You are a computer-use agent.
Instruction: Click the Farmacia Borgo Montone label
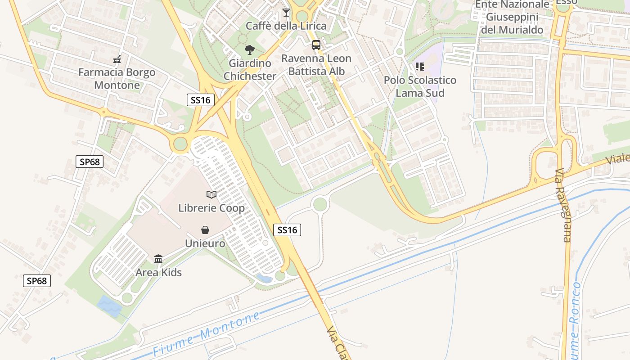click(x=117, y=79)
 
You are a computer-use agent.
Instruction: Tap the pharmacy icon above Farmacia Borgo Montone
click(x=117, y=59)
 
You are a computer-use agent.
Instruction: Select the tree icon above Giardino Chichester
click(x=249, y=50)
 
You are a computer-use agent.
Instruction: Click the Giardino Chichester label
click(x=250, y=70)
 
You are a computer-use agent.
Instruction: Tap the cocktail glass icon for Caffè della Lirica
click(x=286, y=12)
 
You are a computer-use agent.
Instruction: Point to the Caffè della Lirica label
click(x=286, y=26)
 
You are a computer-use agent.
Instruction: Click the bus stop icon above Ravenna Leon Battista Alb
click(x=316, y=45)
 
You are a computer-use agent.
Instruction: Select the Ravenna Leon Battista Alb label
click(x=316, y=65)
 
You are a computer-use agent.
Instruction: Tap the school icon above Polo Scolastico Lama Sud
click(x=420, y=67)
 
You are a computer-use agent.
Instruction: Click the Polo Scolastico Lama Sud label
click(x=420, y=86)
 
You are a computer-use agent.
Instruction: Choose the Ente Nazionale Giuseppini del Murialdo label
click(x=512, y=18)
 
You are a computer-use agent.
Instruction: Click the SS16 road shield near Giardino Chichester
click(x=200, y=100)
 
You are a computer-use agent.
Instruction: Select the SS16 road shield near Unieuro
click(x=287, y=230)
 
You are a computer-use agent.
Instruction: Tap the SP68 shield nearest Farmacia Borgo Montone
click(x=89, y=162)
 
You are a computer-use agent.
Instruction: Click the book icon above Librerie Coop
click(x=211, y=194)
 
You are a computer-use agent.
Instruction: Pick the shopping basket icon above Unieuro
click(x=205, y=230)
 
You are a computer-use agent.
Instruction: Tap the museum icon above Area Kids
click(x=158, y=259)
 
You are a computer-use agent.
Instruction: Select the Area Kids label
click(x=158, y=272)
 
